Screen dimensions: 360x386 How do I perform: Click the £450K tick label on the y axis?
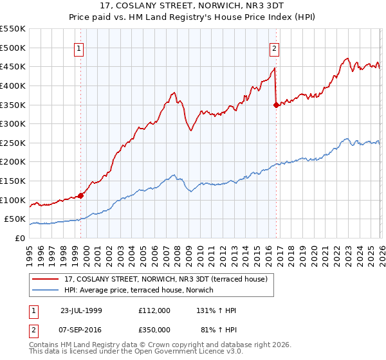click(x=13, y=66)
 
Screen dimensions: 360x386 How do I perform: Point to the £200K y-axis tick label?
click(x=13, y=162)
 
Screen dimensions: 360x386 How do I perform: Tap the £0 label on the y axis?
click(x=20, y=239)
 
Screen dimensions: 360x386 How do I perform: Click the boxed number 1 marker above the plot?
click(x=78, y=48)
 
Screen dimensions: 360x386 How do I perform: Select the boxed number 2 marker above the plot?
click(x=275, y=48)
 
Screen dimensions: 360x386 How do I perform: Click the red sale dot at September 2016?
click(x=276, y=105)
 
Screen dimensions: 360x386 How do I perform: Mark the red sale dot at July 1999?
click(x=81, y=195)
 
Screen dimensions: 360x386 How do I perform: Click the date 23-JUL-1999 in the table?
click(x=81, y=310)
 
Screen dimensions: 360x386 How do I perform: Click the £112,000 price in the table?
click(x=154, y=310)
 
